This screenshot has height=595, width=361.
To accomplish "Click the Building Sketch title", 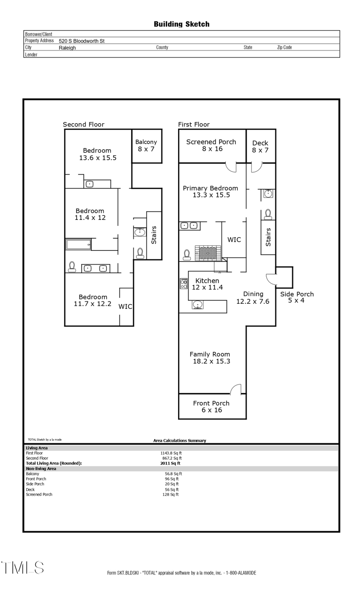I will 181,24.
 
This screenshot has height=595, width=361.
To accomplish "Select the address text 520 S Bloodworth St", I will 81,41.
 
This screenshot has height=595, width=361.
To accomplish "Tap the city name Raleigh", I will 67,48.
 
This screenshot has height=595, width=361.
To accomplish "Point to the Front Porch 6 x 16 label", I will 211,406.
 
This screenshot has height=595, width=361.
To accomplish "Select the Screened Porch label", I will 211,145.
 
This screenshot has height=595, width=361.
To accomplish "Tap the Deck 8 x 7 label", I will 260,146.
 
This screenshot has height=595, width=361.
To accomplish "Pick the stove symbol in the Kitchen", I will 184,284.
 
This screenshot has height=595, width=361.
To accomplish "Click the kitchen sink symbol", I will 197,305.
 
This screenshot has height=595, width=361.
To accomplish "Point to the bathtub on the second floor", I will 79,244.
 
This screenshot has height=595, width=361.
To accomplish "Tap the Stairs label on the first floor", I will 268,237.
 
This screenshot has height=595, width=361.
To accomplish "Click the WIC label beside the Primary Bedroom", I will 234,240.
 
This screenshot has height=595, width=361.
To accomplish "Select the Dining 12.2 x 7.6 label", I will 253,298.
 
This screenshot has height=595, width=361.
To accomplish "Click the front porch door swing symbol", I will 236,389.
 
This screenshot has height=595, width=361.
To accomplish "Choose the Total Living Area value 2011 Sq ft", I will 170,463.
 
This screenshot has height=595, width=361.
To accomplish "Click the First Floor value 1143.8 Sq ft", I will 171,453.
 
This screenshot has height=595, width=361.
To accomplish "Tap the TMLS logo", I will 22,568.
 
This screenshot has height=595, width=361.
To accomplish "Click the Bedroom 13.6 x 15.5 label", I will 97,154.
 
